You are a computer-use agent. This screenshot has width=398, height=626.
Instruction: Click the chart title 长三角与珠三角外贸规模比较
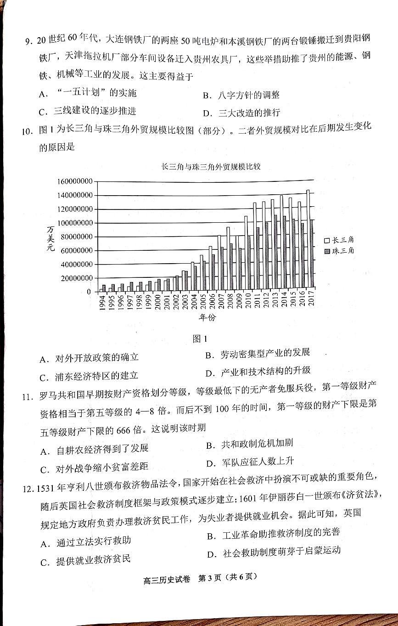pos(211,166)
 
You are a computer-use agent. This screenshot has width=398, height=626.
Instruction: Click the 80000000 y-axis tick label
pos(76,237)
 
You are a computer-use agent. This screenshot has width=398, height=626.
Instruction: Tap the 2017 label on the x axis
pos(312,303)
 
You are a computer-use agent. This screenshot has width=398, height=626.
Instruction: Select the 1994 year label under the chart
pos(103,303)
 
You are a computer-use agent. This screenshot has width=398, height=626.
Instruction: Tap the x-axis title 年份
pos(207,317)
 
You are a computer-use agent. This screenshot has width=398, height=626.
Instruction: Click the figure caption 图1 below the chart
pos(200,338)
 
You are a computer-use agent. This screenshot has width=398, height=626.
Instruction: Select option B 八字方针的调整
pos(241,95)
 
